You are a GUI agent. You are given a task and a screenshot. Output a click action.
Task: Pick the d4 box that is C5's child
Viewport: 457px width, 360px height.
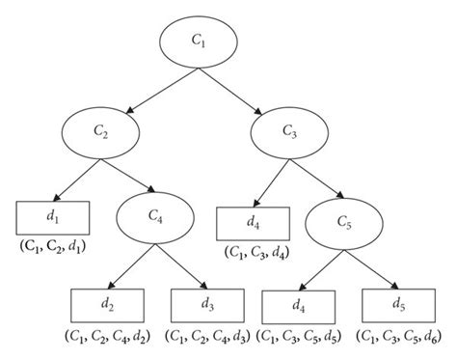[x=300, y=306]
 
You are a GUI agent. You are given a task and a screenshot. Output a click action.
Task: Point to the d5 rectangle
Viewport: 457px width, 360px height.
[x=396, y=306]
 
